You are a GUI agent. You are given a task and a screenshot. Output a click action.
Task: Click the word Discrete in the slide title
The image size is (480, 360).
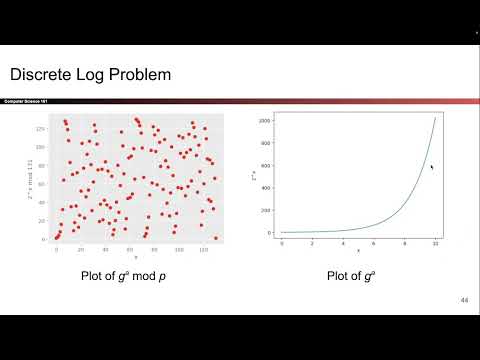[x=40, y=75]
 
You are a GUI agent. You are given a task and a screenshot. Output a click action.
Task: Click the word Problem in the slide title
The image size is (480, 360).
[x=138, y=75]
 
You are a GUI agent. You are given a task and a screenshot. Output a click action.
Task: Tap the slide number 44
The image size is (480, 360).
[x=464, y=300]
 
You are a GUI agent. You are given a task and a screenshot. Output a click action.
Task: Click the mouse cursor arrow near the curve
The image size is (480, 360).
[x=431, y=167]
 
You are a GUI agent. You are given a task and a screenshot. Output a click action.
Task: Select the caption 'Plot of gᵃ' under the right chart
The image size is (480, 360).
[x=349, y=277]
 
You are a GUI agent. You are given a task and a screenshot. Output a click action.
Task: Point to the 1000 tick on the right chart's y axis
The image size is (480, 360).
[x=264, y=120]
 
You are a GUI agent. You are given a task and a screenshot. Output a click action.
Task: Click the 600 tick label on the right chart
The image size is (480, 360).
[x=265, y=165]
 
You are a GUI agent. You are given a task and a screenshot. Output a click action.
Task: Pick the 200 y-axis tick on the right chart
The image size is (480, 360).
[x=265, y=210]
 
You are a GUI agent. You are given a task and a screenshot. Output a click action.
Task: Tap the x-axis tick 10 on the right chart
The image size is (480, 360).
[x=435, y=243]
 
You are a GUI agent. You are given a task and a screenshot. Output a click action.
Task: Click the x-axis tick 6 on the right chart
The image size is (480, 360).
[x=374, y=243]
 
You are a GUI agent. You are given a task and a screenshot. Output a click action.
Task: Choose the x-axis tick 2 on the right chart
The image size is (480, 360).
[x=313, y=243]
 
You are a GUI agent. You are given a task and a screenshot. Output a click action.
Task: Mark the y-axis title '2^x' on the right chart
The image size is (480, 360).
[x=253, y=175]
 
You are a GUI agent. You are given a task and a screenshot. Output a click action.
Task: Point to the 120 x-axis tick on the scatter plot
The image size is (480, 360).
[x=203, y=250]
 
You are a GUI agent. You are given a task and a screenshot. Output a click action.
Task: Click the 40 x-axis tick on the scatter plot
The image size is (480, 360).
[x=105, y=250]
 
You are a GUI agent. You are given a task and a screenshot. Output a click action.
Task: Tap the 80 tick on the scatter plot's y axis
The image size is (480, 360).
[x=43, y=166]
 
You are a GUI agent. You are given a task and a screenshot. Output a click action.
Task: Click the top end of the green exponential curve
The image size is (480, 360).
[x=435, y=116]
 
